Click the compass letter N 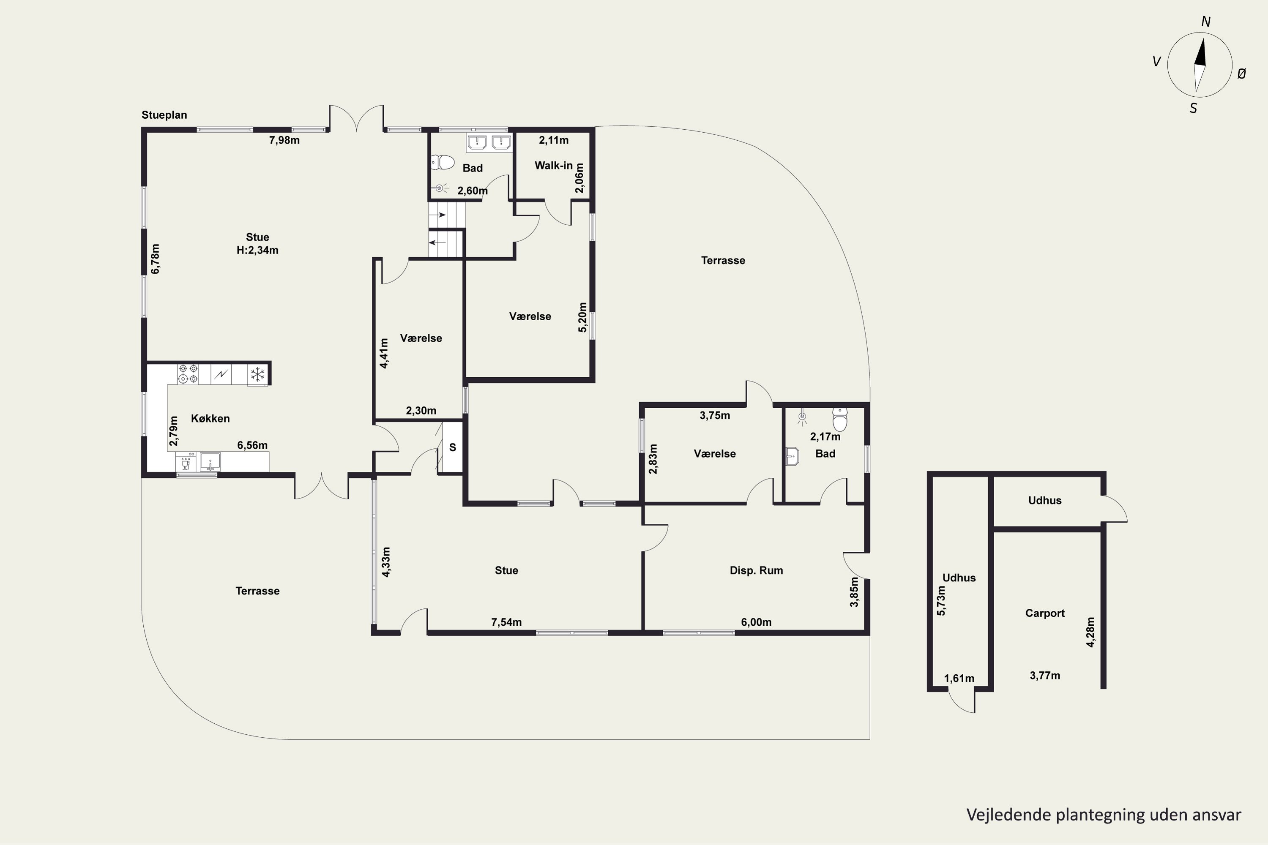(1206, 22)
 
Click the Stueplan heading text (164, 115)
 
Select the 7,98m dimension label (284, 141)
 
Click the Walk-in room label (554, 166)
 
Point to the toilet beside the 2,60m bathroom (443, 162)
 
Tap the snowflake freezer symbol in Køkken (258, 374)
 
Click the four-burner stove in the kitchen (188, 374)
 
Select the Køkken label (210, 419)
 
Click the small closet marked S (452, 447)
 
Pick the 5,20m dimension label (582, 317)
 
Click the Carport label (1045, 613)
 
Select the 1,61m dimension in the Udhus (959, 679)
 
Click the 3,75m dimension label (715, 415)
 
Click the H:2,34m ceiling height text (258, 250)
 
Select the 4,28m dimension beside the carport (1090, 632)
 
